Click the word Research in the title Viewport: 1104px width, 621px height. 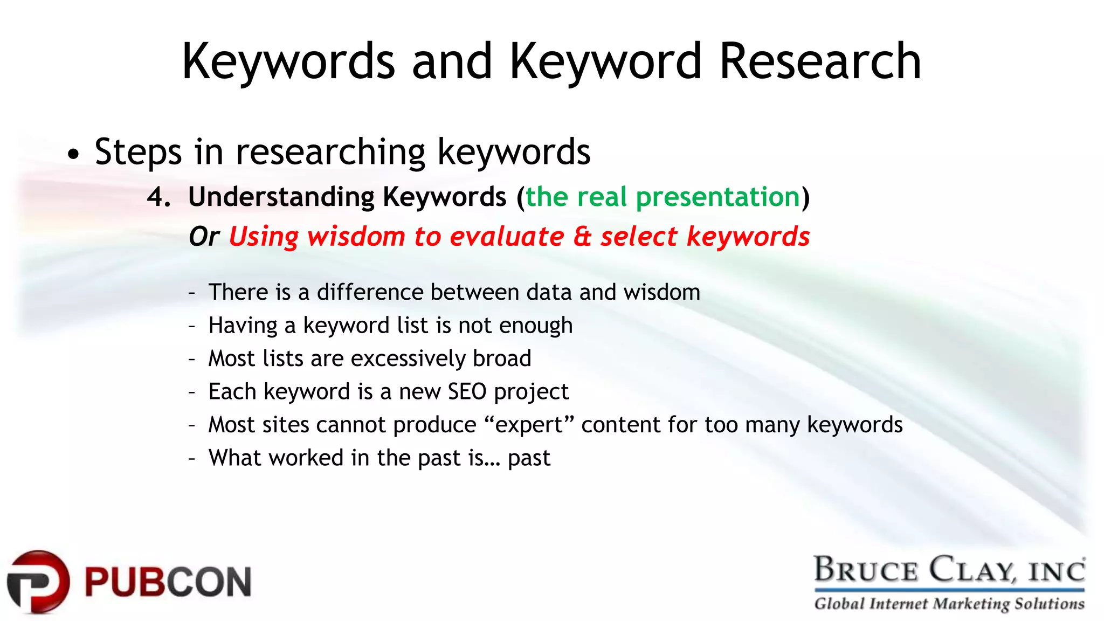(x=820, y=62)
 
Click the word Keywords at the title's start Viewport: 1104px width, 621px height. (x=288, y=62)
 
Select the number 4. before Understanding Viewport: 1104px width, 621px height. (x=159, y=197)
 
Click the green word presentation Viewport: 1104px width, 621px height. (x=718, y=197)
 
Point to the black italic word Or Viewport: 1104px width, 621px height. (x=204, y=237)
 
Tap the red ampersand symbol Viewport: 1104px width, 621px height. (x=582, y=237)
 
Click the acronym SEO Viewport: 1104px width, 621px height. (x=467, y=392)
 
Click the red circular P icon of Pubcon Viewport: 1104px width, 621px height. (x=38, y=582)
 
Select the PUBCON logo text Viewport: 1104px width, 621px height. (x=168, y=582)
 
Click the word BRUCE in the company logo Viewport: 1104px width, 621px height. (x=865, y=570)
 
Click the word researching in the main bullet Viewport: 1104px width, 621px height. (x=330, y=153)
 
